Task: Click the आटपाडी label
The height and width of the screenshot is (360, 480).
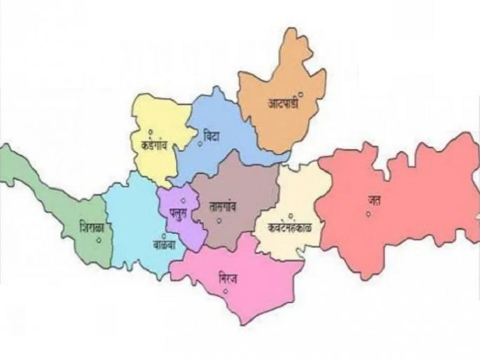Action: click(282, 103)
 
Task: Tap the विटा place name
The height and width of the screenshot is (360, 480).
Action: click(211, 135)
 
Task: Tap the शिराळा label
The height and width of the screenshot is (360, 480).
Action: click(92, 228)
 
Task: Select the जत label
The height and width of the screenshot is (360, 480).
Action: click(375, 200)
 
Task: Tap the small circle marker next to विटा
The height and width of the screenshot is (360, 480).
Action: click(200, 144)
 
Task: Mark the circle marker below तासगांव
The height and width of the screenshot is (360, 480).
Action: click(219, 221)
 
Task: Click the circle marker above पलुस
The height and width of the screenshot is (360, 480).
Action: click(183, 201)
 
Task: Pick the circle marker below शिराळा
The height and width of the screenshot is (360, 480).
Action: click(99, 240)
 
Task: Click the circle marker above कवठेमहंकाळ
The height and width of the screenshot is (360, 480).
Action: click(290, 215)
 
